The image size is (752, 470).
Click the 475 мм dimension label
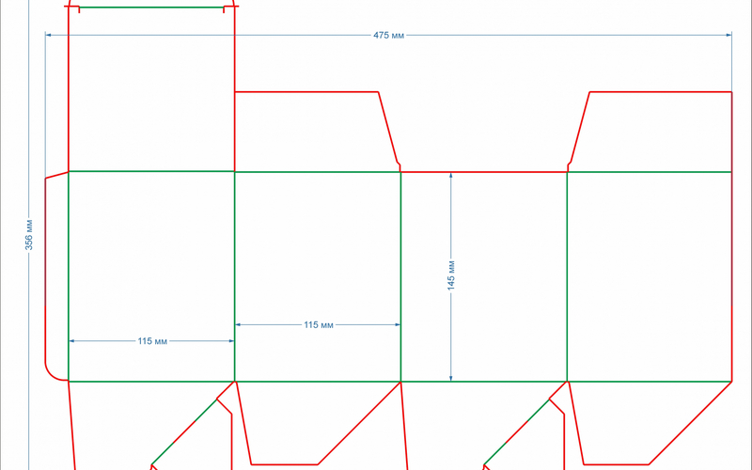pos(388,36)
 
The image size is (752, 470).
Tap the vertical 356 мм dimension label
pos(29,235)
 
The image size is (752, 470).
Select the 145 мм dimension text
pos(451,275)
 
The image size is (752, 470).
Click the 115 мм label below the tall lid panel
pos(152,341)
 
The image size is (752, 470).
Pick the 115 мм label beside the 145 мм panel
pos(319,324)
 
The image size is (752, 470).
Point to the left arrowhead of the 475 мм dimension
pos(48,35)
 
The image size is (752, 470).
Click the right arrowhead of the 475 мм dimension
pos(729,35)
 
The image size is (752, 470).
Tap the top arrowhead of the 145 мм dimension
pos(451,176)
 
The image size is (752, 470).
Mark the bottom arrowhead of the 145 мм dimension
pos(451,378)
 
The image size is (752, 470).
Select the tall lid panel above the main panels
pos(151,88)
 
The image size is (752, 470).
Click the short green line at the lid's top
pos(151,8)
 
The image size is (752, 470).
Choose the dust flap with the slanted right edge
pos(317,132)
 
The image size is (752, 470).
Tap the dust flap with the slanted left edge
pos(650,132)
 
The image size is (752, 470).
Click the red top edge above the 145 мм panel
pos(484,171)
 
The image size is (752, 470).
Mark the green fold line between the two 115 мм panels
pos(234,276)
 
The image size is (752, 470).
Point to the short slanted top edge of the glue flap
pos(56,175)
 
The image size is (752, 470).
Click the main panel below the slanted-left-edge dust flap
pos(650,276)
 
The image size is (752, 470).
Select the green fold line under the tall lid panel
pos(151,171)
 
